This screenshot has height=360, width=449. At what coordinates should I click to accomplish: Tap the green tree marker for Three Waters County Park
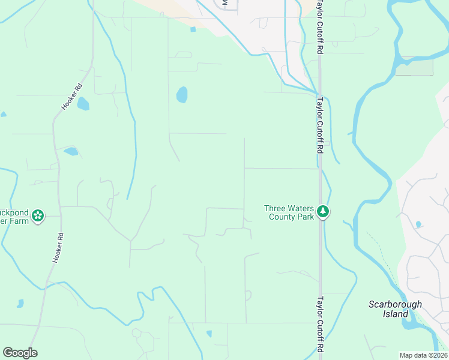[323, 211]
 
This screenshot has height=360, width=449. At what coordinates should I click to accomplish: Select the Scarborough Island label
[395, 309]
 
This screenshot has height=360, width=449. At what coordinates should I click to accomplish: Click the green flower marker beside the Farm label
[38, 215]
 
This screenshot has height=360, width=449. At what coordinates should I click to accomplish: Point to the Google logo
[20, 353]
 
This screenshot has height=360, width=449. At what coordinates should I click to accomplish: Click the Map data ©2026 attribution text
[423, 355]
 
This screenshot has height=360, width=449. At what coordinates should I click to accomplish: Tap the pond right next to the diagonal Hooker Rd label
[83, 104]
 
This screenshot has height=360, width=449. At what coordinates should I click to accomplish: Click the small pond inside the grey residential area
[418, 224]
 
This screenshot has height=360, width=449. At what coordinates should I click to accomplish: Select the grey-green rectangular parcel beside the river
[414, 67]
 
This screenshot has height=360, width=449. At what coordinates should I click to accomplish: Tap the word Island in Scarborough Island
[395, 314]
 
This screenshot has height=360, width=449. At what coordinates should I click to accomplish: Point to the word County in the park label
[283, 217]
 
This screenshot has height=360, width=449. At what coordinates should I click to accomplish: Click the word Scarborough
[395, 304]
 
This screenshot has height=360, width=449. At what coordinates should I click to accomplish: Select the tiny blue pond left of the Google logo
[20, 304]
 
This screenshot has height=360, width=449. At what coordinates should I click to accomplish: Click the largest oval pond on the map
[181, 95]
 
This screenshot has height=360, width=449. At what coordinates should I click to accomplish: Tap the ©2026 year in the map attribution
[437, 355]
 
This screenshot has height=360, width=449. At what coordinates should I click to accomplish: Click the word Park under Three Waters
[306, 217]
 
